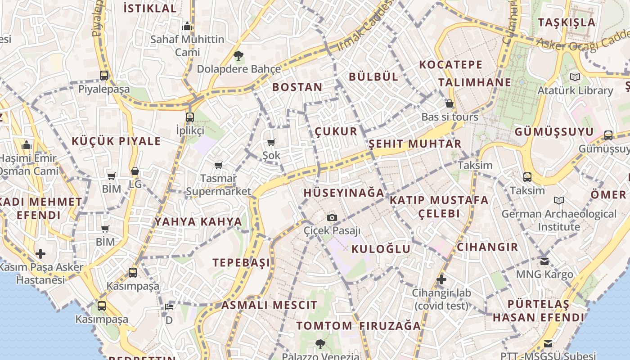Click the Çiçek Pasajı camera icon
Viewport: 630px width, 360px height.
tap(332, 218)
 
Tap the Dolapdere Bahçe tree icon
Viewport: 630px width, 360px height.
tap(238, 56)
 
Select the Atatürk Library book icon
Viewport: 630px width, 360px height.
tap(575, 77)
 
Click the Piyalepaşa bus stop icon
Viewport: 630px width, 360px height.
tap(104, 75)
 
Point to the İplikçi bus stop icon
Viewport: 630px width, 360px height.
tap(190, 117)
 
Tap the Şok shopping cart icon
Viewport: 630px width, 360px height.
tap(271, 142)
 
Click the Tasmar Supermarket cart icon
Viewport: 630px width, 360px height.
tap(219, 165)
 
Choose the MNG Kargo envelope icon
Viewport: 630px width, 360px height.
tap(544, 261)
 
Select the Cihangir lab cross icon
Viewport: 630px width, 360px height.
tap(441, 279)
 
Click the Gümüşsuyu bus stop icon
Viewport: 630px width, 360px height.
tap(608, 135)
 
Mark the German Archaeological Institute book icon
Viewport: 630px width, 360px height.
tap(559, 200)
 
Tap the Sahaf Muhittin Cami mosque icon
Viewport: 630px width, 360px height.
tap(187, 26)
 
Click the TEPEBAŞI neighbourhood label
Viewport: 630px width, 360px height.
tap(242, 263)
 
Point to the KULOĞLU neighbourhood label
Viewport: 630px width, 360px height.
tap(381, 249)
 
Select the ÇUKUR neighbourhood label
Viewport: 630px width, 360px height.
tap(336, 131)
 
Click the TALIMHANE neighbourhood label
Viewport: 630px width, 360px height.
tap(475, 82)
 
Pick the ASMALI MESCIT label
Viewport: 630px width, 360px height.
tap(269, 305)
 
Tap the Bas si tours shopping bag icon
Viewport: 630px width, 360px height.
tap(449, 104)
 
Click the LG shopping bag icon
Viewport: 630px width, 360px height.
tap(135, 171)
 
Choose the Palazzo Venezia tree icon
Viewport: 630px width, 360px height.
tap(320, 344)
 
